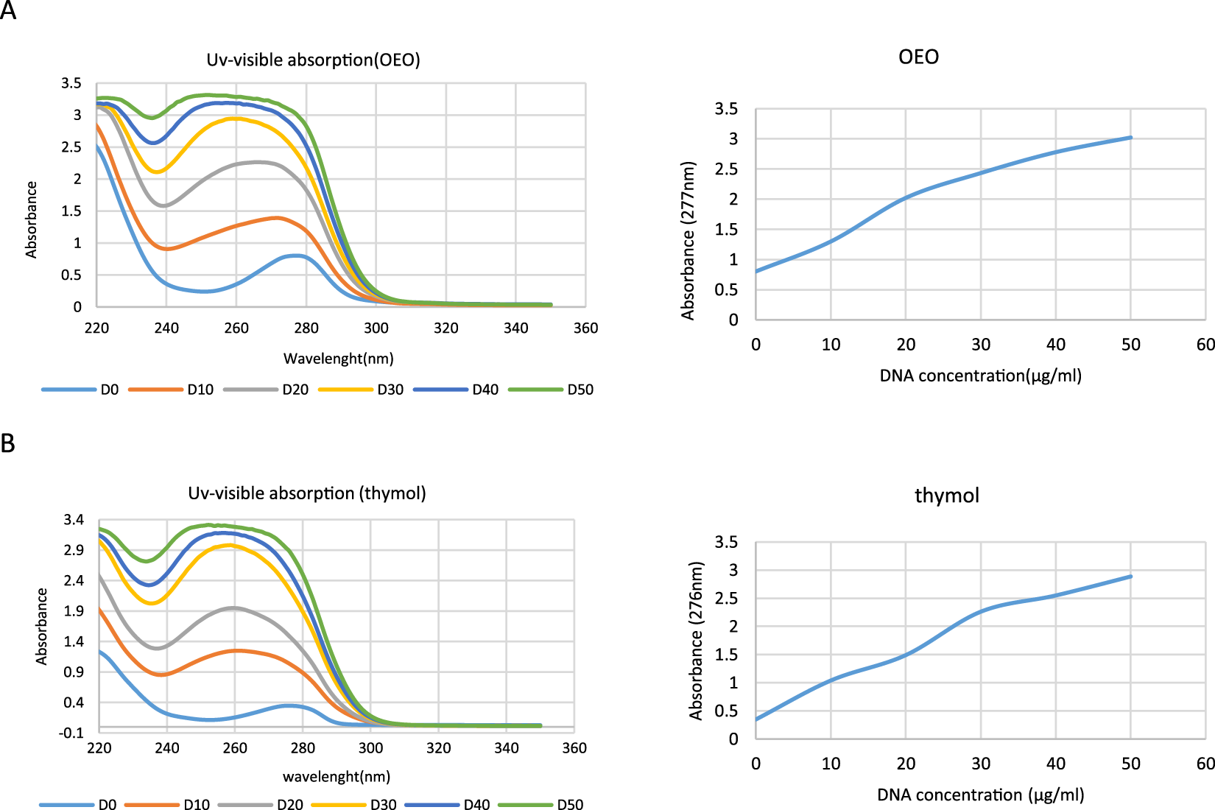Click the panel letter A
[x=8, y=10]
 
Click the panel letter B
[x=8, y=444]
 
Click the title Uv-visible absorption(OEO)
[x=313, y=60]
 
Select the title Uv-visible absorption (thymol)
[x=307, y=493]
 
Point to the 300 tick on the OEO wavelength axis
[x=376, y=328]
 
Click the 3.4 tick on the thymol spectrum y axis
[x=74, y=521]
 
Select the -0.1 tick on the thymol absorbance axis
[x=72, y=733]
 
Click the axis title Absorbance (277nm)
[x=688, y=241]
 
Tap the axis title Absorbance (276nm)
[x=696, y=641]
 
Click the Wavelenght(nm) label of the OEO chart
[x=339, y=359]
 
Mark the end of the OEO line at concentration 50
[x=1130, y=138]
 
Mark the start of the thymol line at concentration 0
[x=757, y=719]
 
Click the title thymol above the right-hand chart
[x=947, y=496]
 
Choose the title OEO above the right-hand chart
[x=918, y=57]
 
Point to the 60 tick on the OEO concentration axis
[x=1205, y=345]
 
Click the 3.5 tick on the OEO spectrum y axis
[x=71, y=83]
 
